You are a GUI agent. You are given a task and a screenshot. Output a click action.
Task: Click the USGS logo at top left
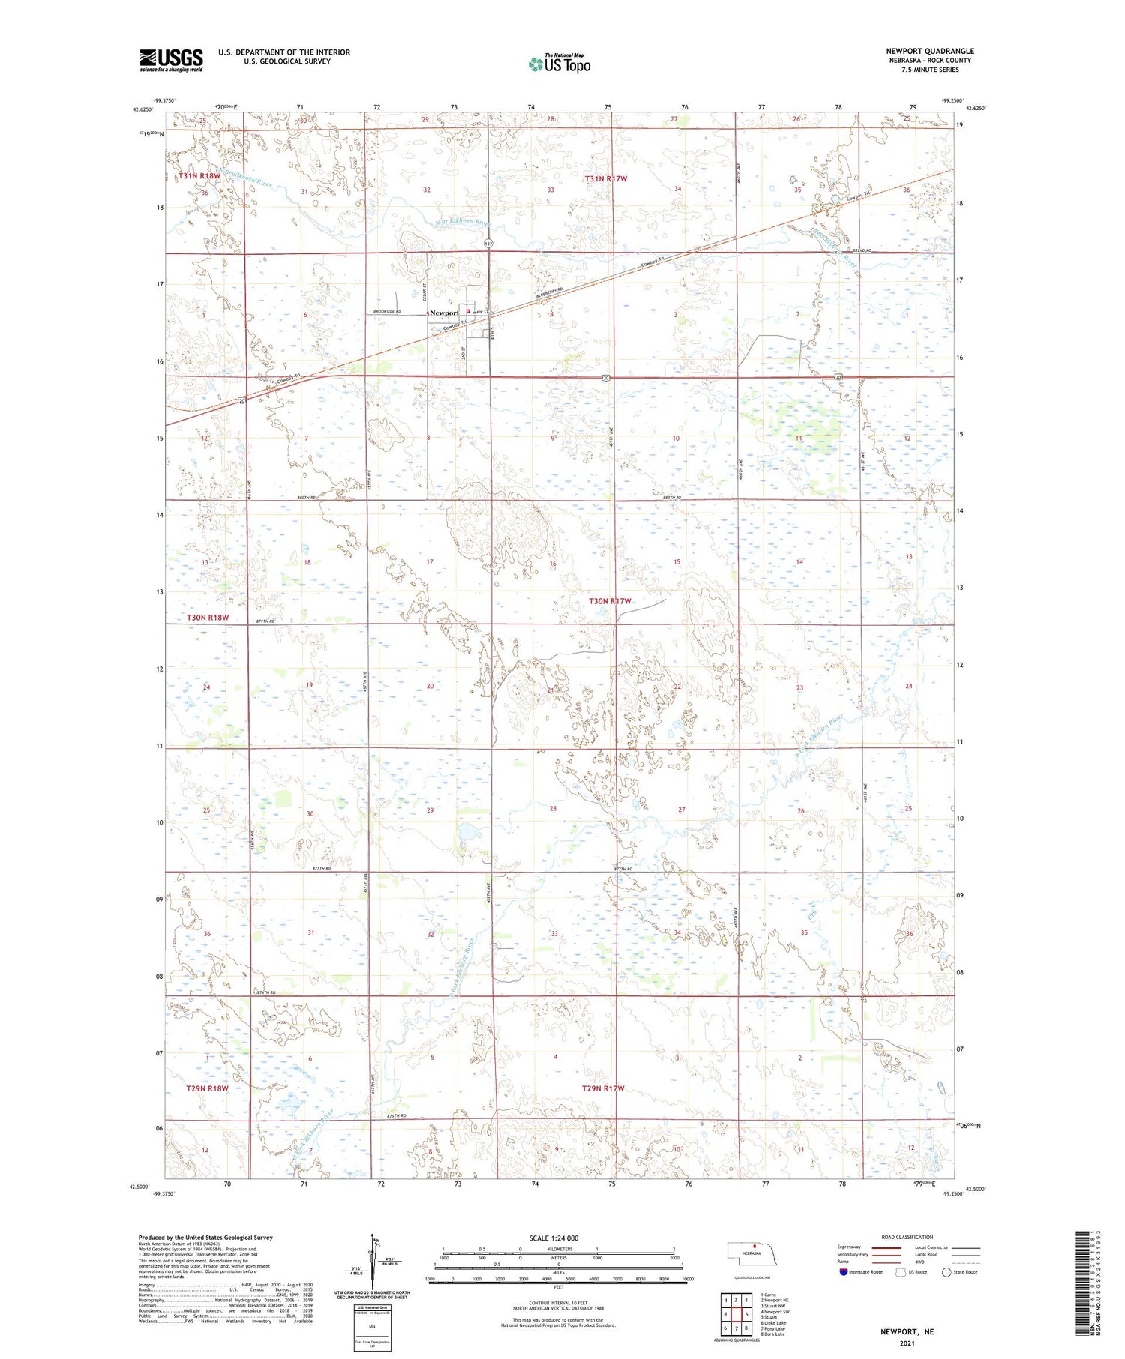[171, 60]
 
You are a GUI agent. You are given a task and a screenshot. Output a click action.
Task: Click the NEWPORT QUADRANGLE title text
[929, 51]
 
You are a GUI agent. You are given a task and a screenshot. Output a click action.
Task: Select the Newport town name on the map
[444, 313]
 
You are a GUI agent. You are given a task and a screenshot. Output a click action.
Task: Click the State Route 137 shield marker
[488, 244]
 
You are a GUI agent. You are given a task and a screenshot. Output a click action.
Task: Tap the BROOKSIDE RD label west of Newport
[388, 311]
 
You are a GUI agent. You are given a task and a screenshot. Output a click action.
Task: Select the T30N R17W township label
[609, 601]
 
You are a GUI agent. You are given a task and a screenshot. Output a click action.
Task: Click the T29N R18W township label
[207, 1088]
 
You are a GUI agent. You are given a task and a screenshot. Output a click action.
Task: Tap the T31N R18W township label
[199, 176]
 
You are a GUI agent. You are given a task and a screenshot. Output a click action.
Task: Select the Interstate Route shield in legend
[843, 1272]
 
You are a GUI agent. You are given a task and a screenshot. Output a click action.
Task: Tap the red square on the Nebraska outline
[754, 1247]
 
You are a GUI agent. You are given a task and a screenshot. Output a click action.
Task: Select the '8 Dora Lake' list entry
[772, 1334]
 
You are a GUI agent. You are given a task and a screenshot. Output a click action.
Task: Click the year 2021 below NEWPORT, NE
[907, 1343]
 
